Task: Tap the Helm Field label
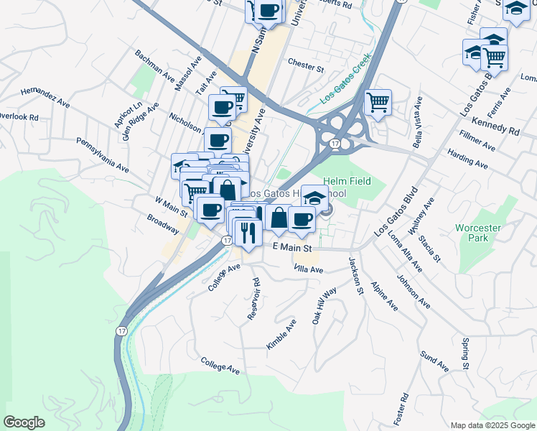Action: click(x=347, y=181)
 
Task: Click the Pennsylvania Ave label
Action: click(x=102, y=155)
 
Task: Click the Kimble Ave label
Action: click(x=281, y=335)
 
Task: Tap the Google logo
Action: click(x=24, y=422)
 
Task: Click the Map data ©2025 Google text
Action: click(x=492, y=425)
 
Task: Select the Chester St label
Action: click(x=306, y=65)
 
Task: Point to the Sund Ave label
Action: click(x=434, y=362)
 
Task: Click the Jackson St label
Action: click(x=356, y=276)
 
